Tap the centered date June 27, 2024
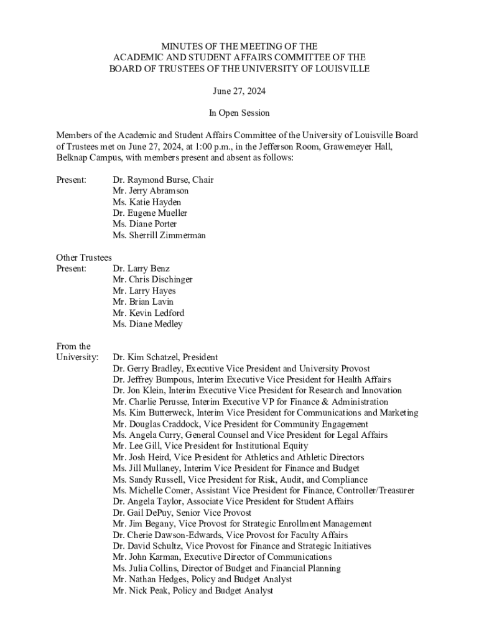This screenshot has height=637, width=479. [240, 91]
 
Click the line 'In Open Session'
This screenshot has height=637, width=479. [240, 113]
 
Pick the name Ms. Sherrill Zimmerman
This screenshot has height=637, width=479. [159, 236]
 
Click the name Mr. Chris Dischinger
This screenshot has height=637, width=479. [152, 280]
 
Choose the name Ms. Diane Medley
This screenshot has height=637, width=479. [147, 324]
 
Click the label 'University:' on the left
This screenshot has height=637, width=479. [77, 358]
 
